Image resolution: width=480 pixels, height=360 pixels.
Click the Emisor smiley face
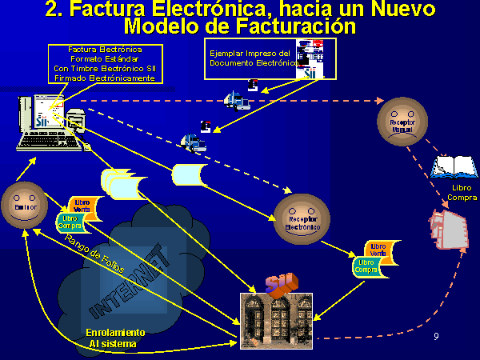click(25, 206)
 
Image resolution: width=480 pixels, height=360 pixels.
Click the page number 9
click(436, 336)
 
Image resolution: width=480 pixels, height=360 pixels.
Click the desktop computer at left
click(48, 124)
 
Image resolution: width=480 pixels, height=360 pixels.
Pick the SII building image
click(276, 320)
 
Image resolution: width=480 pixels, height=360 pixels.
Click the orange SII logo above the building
click(280, 284)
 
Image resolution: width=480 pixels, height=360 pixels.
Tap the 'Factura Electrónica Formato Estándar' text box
click(106, 63)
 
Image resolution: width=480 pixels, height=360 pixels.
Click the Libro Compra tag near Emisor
click(71, 222)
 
